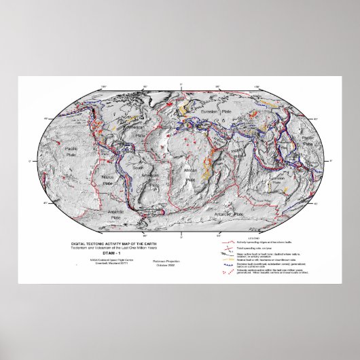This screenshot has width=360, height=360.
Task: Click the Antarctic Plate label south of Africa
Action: (226, 215)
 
